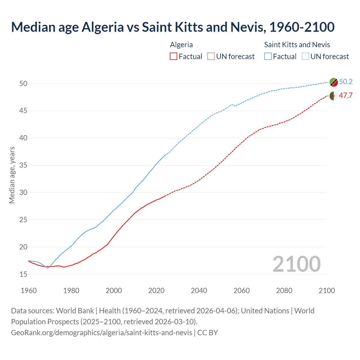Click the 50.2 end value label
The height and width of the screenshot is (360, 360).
pyautogui.click(x=346, y=82)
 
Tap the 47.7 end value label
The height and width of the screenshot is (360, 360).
pyautogui.click(x=346, y=96)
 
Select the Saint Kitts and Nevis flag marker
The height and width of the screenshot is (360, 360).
pyautogui.click(x=334, y=82)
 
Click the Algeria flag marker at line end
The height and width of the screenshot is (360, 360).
pyautogui.click(x=334, y=96)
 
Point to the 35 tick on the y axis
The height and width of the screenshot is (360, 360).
pyautogui.click(x=23, y=165)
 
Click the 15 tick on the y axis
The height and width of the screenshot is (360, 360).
pyautogui.click(x=23, y=274)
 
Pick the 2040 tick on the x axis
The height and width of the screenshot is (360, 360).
pyautogui.click(x=199, y=291)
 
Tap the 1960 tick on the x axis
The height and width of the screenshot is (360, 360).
pyautogui.click(x=29, y=291)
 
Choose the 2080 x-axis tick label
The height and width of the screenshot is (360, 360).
pyautogui.click(x=284, y=291)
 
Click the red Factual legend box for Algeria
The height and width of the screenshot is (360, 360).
pyautogui.click(x=174, y=57)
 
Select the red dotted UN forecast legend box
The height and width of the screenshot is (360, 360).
pyautogui.click(x=211, y=57)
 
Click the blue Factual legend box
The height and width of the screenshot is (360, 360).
pyautogui.click(x=268, y=57)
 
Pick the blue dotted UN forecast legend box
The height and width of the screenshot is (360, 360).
pyautogui.click(x=305, y=57)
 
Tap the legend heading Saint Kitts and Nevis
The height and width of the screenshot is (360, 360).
pyautogui.click(x=297, y=45)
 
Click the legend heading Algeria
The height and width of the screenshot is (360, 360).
pyautogui.click(x=181, y=45)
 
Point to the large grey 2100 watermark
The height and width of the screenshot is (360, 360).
pyautogui.click(x=296, y=264)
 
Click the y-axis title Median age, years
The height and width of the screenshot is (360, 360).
pyautogui.click(x=12, y=175)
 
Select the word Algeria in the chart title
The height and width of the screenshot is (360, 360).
pyautogui.click(x=102, y=27)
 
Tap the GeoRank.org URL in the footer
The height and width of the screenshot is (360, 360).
pyautogui.click(x=101, y=333)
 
